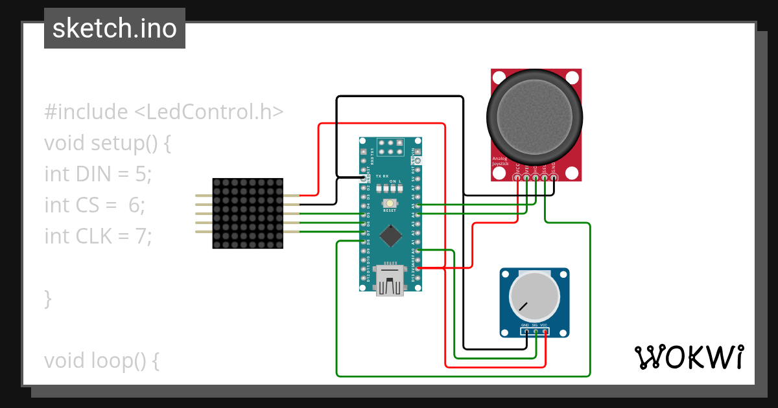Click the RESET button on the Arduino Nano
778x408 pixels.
[x=390, y=204]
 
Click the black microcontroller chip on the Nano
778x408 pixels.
[x=390, y=235]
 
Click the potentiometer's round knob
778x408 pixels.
[x=534, y=296]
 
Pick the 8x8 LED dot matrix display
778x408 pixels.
[x=248, y=214]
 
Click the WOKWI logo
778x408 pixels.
[x=689, y=357]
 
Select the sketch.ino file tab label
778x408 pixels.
[x=115, y=28]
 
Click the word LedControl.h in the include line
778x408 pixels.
[x=209, y=112]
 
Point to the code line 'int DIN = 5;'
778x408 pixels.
[x=97, y=174]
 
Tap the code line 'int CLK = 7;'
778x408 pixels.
[x=97, y=236]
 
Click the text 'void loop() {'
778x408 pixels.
[x=101, y=360]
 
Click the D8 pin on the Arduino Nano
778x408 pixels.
[x=363, y=241]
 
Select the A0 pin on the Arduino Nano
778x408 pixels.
[x=418, y=250]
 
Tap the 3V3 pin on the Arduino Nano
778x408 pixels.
[x=418, y=267]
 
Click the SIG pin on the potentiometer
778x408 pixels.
[x=536, y=332]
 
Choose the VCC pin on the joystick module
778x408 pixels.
[x=517, y=177]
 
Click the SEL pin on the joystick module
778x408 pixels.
[x=545, y=177]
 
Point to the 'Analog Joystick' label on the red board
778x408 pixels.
[x=501, y=162]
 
